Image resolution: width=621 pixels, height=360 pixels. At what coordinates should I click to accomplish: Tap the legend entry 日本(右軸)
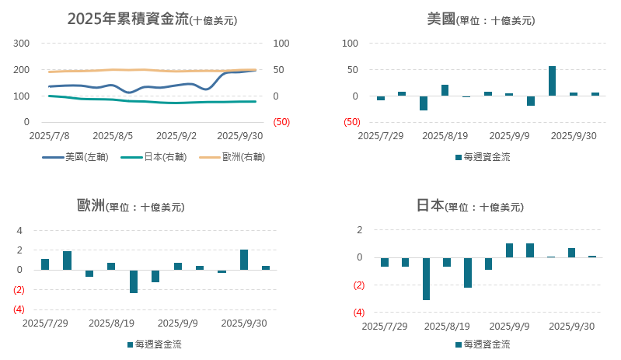tap(155, 157)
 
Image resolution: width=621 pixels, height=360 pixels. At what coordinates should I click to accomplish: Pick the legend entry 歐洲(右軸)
tap(232, 157)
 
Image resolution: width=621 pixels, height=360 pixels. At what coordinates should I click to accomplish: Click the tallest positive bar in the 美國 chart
tap(552, 81)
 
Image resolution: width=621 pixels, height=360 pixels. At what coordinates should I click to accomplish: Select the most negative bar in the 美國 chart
tap(424, 103)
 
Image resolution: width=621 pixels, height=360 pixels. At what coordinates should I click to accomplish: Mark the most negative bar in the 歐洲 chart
tap(134, 281)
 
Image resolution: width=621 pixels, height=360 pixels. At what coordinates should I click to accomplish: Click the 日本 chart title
tap(469, 206)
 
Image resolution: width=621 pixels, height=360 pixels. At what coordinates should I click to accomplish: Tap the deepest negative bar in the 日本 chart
tap(426, 278)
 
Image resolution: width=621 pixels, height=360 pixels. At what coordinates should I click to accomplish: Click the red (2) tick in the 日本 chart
tap(359, 285)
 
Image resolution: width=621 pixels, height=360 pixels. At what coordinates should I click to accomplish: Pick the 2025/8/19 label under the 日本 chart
tap(448, 327)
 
